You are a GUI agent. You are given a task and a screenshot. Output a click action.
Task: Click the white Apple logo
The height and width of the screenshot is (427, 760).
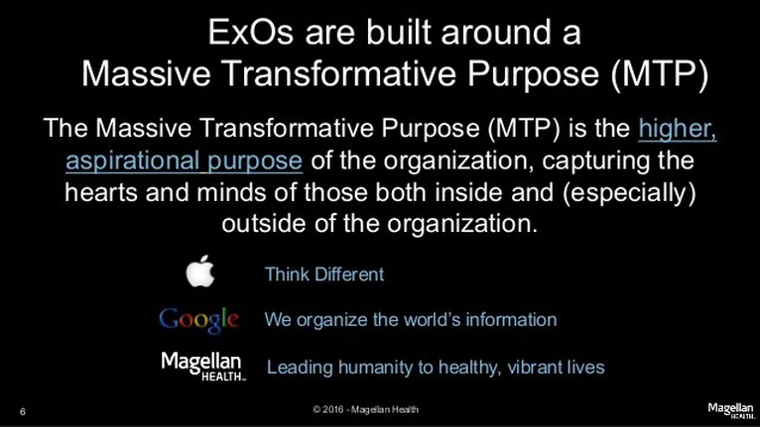point(200,271)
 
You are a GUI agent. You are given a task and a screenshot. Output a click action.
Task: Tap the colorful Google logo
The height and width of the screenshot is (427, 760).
point(198,320)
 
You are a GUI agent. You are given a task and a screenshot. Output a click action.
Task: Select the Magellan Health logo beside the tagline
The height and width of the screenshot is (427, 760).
point(202,367)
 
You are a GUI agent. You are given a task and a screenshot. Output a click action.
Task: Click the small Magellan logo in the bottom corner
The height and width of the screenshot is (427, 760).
point(731,410)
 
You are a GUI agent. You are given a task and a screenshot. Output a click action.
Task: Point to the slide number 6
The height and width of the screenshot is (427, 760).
point(22,412)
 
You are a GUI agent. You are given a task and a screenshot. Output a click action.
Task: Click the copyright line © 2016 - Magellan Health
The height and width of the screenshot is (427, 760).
point(365,409)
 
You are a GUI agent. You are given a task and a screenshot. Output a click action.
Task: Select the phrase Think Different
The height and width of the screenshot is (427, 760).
point(324,274)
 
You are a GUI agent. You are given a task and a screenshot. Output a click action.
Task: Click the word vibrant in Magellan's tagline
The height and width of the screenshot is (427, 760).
point(538,367)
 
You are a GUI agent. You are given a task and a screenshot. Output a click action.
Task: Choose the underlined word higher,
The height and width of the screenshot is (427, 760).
point(677,128)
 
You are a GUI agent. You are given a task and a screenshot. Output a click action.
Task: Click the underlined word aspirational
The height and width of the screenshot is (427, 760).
point(132,160)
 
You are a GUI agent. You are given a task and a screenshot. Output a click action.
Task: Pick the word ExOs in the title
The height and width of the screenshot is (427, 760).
point(251,33)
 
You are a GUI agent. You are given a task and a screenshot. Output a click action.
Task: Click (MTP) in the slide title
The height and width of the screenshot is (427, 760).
point(659,73)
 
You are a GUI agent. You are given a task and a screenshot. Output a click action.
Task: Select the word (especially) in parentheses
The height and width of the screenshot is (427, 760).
point(629,192)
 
